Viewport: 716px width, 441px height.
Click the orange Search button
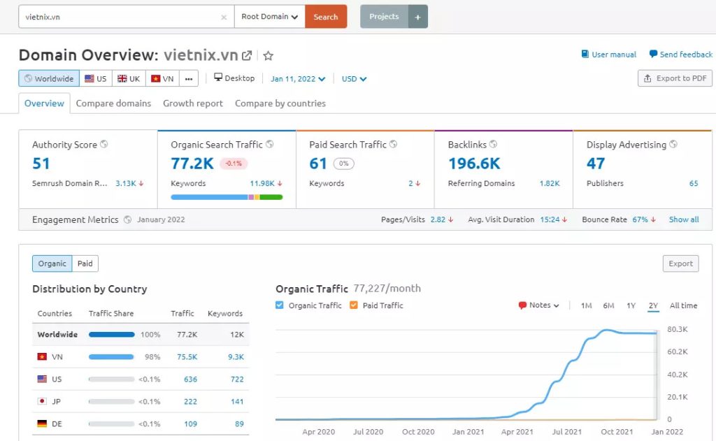326,17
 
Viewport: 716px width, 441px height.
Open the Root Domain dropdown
269,17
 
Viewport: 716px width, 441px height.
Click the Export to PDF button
675,78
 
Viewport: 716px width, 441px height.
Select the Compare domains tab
113,103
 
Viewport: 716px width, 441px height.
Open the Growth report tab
193,103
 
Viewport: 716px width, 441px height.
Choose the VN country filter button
162,79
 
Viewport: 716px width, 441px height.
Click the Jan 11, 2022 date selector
298,79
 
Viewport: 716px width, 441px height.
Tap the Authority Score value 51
41,164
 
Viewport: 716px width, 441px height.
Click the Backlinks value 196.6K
474,164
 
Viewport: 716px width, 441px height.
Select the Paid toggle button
85,263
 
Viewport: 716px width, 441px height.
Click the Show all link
683,219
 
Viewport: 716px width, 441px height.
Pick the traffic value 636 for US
190,379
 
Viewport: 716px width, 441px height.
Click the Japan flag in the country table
42,402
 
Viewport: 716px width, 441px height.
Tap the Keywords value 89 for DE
239,424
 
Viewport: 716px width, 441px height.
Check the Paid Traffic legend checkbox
353,305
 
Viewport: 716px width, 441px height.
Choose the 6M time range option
608,305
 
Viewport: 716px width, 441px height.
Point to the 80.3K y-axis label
678,329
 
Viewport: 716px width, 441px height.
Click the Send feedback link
680,55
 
